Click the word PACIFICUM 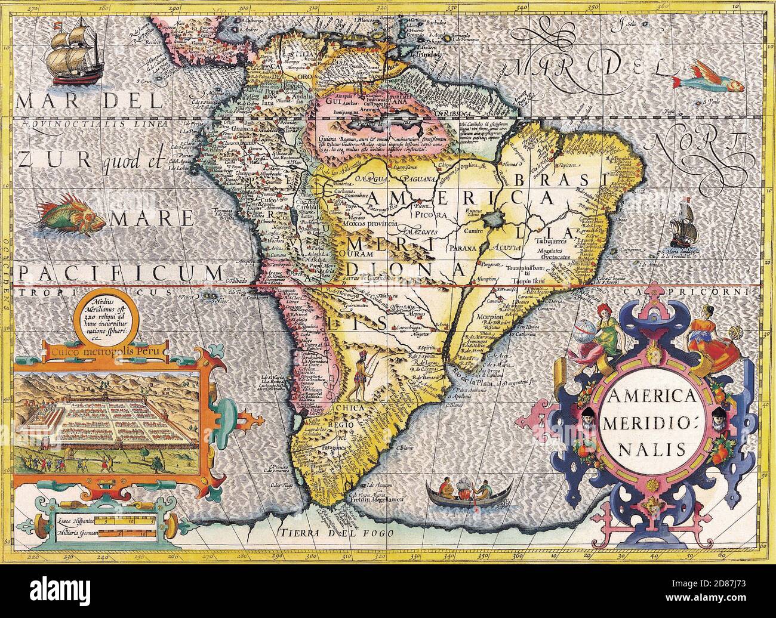coord(119,273)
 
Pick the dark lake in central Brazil coord(496,220)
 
